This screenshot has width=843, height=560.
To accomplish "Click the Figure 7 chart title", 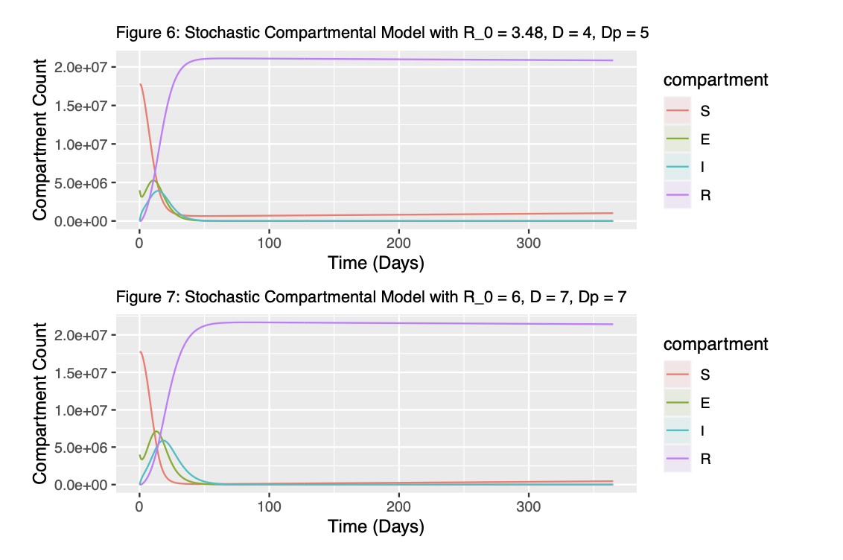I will coord(371,297).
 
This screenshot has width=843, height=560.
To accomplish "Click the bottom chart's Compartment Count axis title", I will coord(40,402).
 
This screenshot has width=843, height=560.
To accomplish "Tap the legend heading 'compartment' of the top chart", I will coord(715,80).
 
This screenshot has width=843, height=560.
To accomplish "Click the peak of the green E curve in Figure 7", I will coord(156,431).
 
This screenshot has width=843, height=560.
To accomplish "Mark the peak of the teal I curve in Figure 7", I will coord(164,440).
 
